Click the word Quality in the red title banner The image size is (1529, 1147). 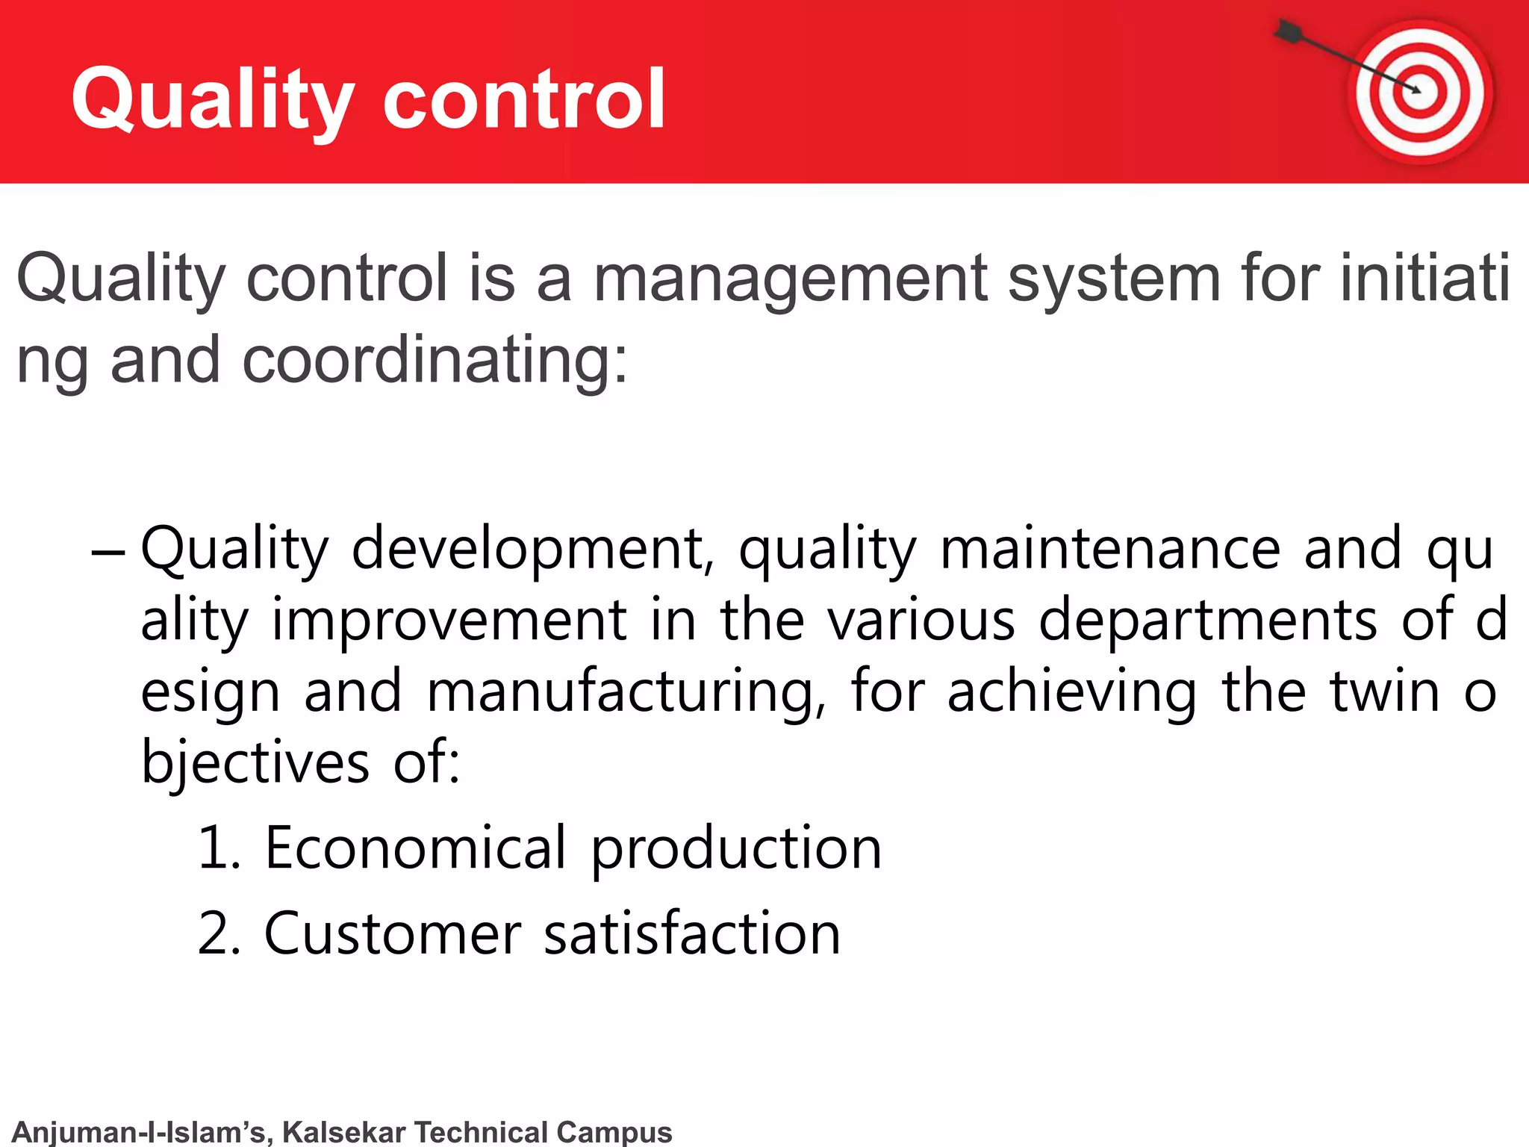pos(213,99)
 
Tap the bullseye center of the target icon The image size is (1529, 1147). pos(1419,91)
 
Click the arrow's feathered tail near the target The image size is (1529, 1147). pos(1289,31)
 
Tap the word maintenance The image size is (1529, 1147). pos(1109,549)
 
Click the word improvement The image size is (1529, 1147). pos(449,620)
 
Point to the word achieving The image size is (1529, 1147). pos(1071,691)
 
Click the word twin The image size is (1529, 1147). pos(1384,691)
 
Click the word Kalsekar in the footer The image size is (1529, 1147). pos(344,1132)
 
